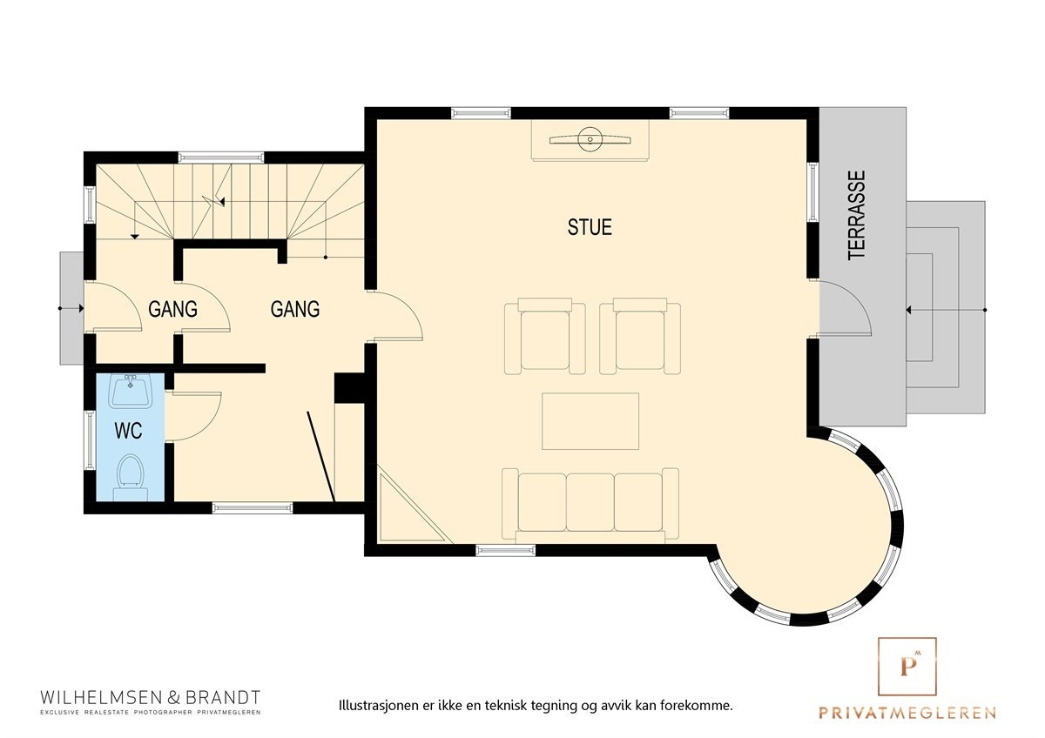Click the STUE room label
pos(590,227)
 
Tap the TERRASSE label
pos(857,215)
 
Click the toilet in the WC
pos(130,474)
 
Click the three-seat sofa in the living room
pos(590,502)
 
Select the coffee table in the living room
pos(590,421)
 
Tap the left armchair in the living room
pos(545,336)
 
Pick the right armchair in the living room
pos(640,336)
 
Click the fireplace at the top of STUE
pos(590,140)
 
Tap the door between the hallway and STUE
pos(397,315)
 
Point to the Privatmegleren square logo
pos(907,667)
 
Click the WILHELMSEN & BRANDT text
pos(151,697)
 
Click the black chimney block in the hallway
pos(348,388)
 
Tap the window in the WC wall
pos(89,439)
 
